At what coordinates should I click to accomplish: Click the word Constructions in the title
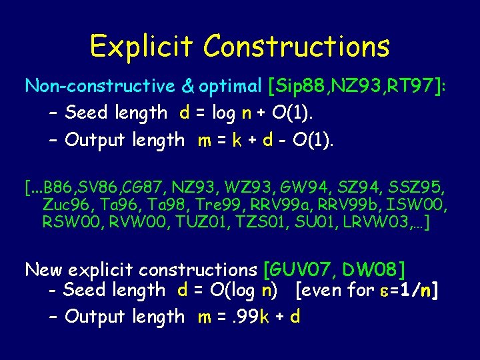297,46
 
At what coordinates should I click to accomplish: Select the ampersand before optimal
188,86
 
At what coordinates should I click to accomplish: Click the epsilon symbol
385,291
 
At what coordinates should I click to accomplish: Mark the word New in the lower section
44,270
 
